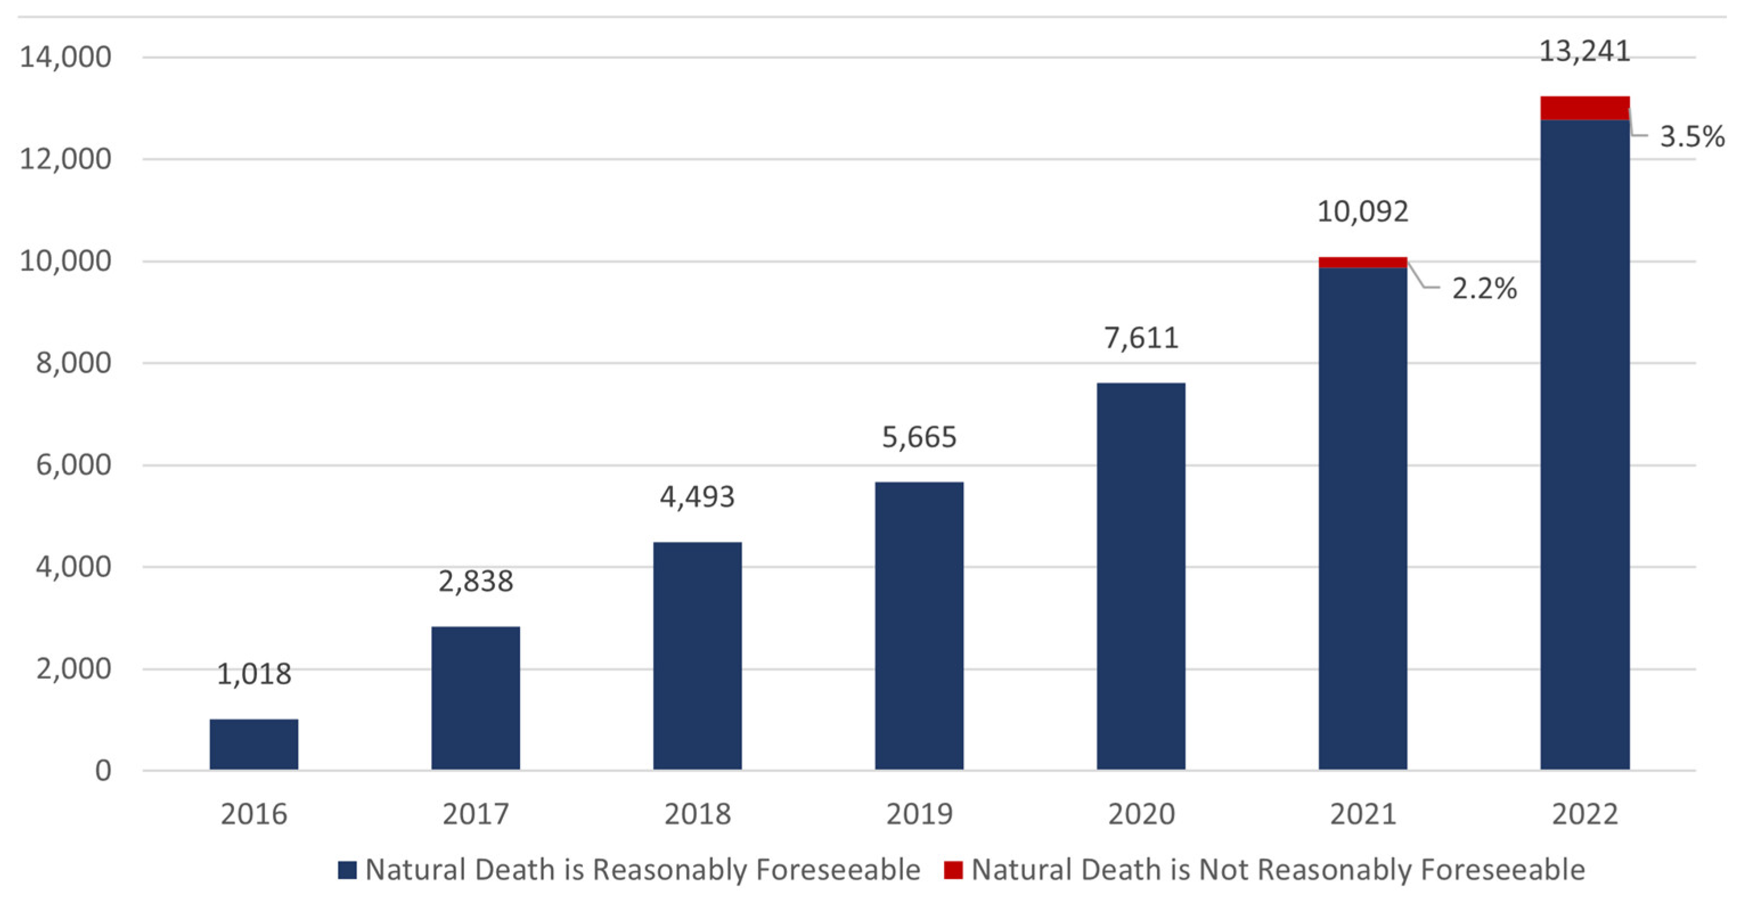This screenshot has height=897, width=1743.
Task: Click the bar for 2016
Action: pyautogui.click(x=253, y=744)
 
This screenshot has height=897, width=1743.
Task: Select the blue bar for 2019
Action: pyautogui.click(x=919, y=626)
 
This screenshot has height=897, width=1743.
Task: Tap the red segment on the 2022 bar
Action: pyautogui.click(x=1585, y=108)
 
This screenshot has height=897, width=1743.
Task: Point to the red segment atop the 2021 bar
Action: pyautogui.click(x=1363, y=263)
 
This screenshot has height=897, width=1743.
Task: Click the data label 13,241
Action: pyautogui.click(x=1585, y=51)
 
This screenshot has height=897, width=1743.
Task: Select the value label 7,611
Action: pyautogui.click(x=1141, y=338)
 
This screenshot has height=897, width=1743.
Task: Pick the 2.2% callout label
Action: pyautogui.click(x=1484, y=289)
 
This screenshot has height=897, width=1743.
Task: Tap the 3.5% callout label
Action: pyautogui.click(x=1692, y=137)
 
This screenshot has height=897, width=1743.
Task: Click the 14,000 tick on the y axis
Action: pyautogui.click(x=65, y=57)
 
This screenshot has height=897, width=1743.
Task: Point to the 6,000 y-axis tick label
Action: pyautogui.click(x=73, y=465)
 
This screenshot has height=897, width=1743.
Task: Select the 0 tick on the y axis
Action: pyautogui.click(x=103, y=771)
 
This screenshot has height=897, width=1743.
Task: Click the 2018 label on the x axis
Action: pyautogui.click(x=698, y=814)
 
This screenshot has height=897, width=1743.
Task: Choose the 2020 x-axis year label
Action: pyautogui.click(x=1141, y=814)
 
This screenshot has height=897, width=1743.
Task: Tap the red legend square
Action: pyautogui.click(x=954, y=870)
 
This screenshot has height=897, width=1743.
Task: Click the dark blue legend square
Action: pyautogui.click(x=347, y=870)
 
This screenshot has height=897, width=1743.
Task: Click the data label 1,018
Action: pyautogui.click(x=253, y=674)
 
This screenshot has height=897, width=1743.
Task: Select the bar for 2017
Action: pyautogui.click(x=476, y=698)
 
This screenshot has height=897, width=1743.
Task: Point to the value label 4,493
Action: pyautogui.click(x=697, y=497)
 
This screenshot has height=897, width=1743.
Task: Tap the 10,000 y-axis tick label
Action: pyautogui.click(x=65, y=261)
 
